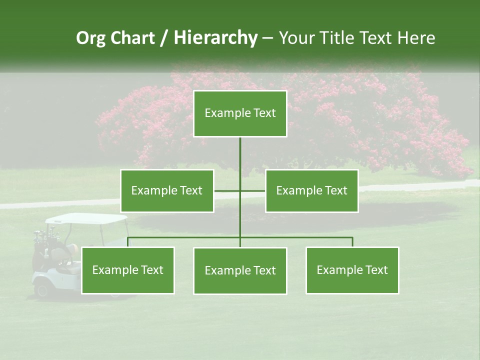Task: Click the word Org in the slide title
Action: tap(90, 38)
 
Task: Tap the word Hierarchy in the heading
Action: tap(215, 38)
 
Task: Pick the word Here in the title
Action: tap(416, 38)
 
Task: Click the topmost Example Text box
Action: tap(240, 113)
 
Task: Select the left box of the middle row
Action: tap(167, 190)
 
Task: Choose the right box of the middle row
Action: tap(311, 190)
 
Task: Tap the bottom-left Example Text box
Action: tap(127, 270)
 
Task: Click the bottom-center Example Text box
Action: tap(240, 271)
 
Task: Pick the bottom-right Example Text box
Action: tap(352, 270)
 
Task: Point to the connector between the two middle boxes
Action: tap(240, 190)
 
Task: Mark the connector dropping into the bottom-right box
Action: tap(352, 241)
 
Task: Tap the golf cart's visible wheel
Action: tap(41, 289)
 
